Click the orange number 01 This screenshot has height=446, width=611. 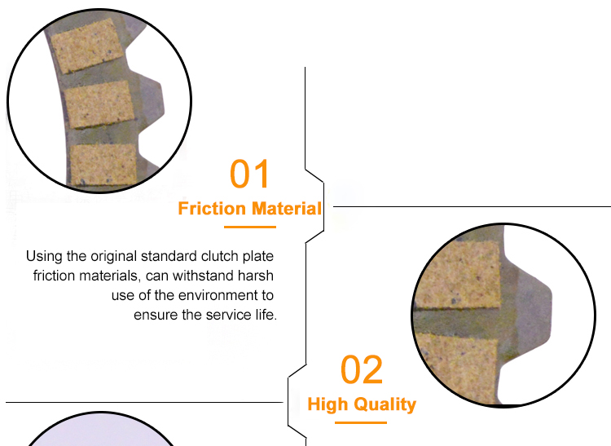click(x=249, y=174)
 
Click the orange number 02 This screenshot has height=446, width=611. click(x=362, y=370)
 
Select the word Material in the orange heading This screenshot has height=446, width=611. click(x=286, y=209)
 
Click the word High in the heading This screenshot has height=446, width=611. click(x=327, y=404)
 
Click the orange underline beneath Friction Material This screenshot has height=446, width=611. click(x=250, y=227)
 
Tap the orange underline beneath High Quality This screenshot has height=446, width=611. click(x=362, y=422)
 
